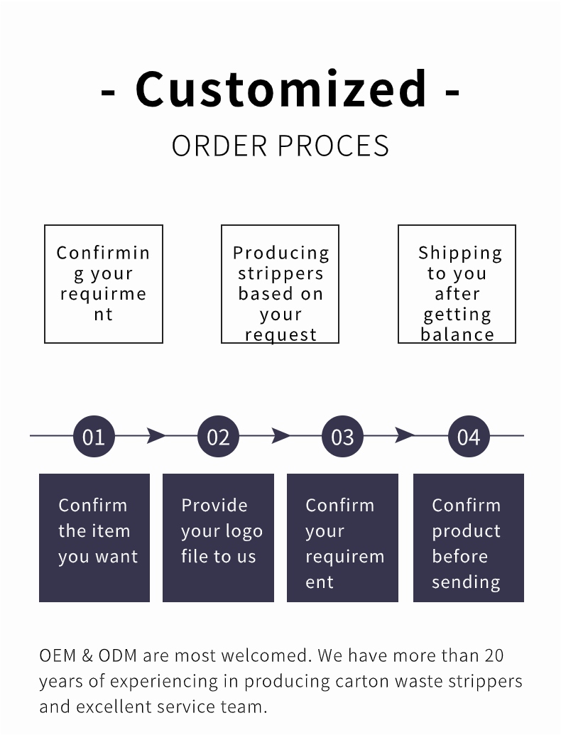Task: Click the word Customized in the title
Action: (x=281, y=89)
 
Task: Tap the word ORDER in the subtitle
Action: (x=219, y=146)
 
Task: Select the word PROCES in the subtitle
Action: (x=333, y=146)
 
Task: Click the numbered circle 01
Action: (x=94, y=437)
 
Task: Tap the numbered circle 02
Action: (x=219, y=437)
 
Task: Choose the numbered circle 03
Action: (x=342, y=437)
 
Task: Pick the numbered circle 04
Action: (x=469, y=437)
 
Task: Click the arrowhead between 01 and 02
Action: (x=156, y=435)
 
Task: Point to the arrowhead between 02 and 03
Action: (x=280, y=435)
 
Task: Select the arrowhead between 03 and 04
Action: (x=405, y=435)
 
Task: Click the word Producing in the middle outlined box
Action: (x=281, y=253)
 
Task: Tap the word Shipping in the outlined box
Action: (x=460, y=253)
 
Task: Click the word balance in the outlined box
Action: (x=457, y=334)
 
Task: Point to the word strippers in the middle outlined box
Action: (x=280, y=273)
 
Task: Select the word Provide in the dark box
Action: (x=214, y=506)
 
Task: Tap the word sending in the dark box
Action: (x=466, y=582)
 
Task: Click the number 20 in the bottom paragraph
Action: (x=494, y=655)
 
